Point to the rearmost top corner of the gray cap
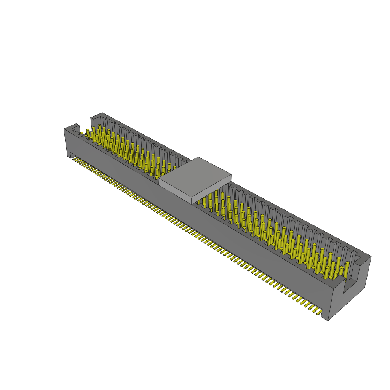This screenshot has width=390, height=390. pyautogui.click(x=198, y=157)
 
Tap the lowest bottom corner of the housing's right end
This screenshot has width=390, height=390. pyautogui.click(x=328, y=320)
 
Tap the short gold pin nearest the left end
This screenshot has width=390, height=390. pyautogui.click(x=82, y=133)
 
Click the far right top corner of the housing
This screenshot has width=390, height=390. pyautogui.click(x=371, y=256)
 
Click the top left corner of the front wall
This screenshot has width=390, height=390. pyautogui.click(x=64, y=129)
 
